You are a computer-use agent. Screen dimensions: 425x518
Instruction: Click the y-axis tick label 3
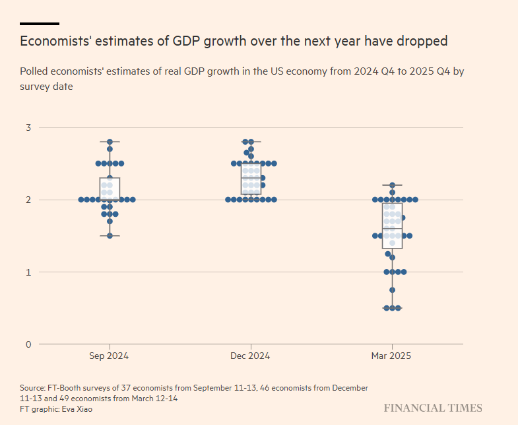click(x=29, y=127)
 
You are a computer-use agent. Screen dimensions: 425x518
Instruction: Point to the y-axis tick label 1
click(x=29, y=272)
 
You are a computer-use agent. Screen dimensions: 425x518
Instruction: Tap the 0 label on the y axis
click(x=29, y=344)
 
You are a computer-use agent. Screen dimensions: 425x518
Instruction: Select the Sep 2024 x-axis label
click(x=109, y=356)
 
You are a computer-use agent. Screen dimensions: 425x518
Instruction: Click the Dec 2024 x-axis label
click(x=250, y=356)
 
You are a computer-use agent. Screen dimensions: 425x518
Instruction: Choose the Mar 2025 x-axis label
click(x=391, y=356)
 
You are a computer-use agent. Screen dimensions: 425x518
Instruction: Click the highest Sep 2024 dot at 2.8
click(x=110, y=141)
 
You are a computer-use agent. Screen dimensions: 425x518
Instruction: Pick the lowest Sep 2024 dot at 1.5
click(x=110, y=235)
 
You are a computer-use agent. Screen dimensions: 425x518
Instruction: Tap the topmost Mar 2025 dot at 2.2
click(x=392, y=185)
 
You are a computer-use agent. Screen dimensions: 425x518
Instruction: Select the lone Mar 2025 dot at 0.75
click(x=392, y=290)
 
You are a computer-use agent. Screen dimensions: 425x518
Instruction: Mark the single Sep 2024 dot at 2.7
click(x=110, y=149)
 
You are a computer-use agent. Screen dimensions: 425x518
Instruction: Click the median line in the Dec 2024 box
click(x=251, y=178)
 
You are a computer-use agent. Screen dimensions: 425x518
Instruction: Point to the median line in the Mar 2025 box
click(x=392, y=228)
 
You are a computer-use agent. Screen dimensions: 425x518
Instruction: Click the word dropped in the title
click(x=423, y=42)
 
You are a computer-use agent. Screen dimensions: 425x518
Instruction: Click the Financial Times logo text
click(x=433, y=408)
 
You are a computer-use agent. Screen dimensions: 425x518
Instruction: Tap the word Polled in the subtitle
click(x=34, y=72)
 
